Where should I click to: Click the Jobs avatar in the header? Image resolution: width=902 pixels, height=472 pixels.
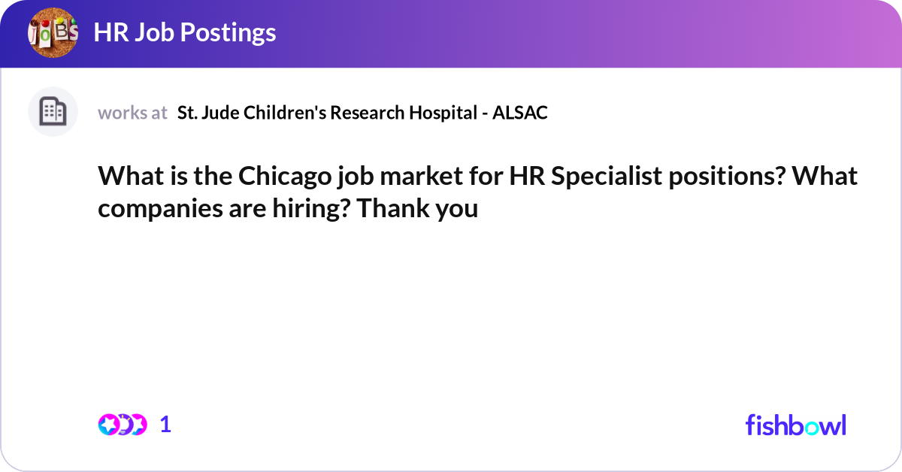53,33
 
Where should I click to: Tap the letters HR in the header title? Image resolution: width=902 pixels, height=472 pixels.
107,33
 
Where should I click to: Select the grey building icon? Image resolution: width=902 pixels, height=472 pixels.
53,112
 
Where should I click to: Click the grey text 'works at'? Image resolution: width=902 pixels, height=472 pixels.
132,113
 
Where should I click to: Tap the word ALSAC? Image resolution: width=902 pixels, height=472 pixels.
522,113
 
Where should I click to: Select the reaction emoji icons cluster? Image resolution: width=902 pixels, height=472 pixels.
122,425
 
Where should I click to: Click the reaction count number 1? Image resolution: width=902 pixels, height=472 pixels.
165,425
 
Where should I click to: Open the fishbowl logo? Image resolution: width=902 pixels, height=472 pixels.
795,425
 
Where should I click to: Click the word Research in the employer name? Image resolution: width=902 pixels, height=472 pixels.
366,113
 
